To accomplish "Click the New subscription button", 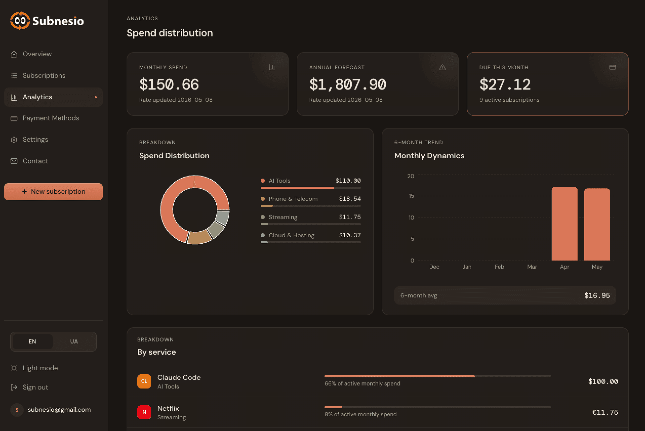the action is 53,191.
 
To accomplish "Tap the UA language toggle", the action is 74,341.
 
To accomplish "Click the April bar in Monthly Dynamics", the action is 565,224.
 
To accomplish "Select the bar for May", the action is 597,225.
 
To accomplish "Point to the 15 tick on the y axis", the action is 411,196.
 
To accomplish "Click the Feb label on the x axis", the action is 499,267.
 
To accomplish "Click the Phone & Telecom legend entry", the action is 293,199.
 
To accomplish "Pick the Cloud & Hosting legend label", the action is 292,235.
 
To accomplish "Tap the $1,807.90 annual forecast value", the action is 348,84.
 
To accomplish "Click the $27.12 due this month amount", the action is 505,84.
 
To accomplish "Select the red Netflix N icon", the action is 144,412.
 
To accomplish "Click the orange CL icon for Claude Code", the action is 144,381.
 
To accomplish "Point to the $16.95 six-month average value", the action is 597,295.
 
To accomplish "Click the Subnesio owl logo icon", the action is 20,21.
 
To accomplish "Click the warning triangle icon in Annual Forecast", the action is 442,67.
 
